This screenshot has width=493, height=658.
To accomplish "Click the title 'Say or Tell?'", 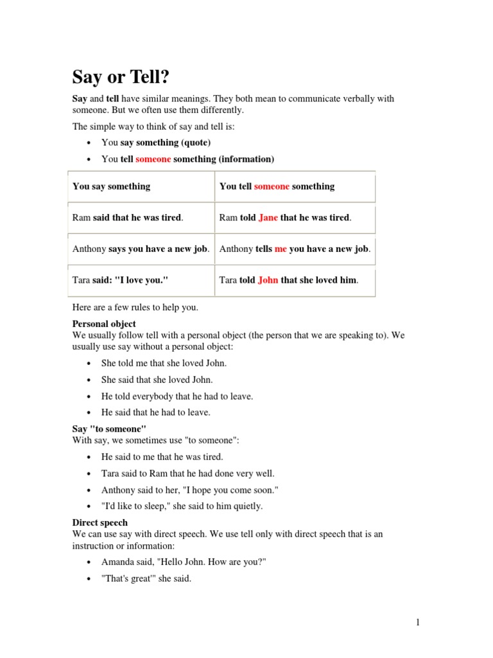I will click(x=121, y=78).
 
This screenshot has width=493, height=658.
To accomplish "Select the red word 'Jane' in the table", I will click(x=268, y=218).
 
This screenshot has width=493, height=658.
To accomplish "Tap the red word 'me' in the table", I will click(x=281, y=249).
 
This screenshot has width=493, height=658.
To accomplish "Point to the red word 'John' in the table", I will click(x=268, y=281).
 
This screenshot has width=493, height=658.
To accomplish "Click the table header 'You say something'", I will click(x=111, y=187).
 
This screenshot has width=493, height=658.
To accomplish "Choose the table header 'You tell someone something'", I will click(x=277, y=187).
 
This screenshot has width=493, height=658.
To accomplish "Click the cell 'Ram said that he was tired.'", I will click(x=128, y=218).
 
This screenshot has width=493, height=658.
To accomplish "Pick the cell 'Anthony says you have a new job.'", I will click(x=141, y=249).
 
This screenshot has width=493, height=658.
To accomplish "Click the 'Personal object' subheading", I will click(x=104, y=325).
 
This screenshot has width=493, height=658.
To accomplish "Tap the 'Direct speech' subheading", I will click(x=99, y=523).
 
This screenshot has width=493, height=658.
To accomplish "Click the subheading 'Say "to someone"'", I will click(x=109, y=429).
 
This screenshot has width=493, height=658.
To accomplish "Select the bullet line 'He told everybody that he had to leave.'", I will click(x=177, y=396).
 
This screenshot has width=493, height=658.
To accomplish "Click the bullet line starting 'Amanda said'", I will click(x=184, y=562).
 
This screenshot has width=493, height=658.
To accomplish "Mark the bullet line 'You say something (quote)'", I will click(x=156, y=143).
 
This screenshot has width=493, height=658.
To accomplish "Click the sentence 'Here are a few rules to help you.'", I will click(x=135, y=308).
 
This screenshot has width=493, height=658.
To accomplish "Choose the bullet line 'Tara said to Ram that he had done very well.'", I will click(x=187, y=474).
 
